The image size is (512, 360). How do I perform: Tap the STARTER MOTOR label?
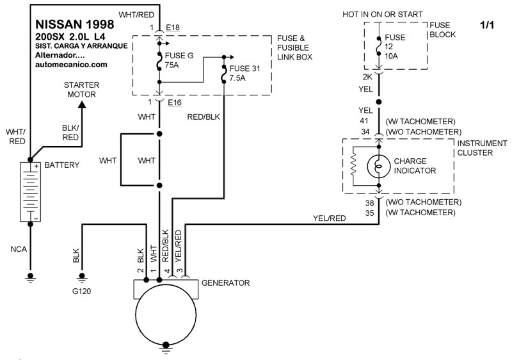pos(79,90)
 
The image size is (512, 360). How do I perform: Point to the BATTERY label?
pos(62,165)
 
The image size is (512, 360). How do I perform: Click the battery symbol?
pos(29,192)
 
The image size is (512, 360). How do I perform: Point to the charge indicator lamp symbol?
pos(379,167)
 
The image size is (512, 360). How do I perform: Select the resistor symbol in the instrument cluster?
pos(353,167)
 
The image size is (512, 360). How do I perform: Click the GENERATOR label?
pos(225,282)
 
